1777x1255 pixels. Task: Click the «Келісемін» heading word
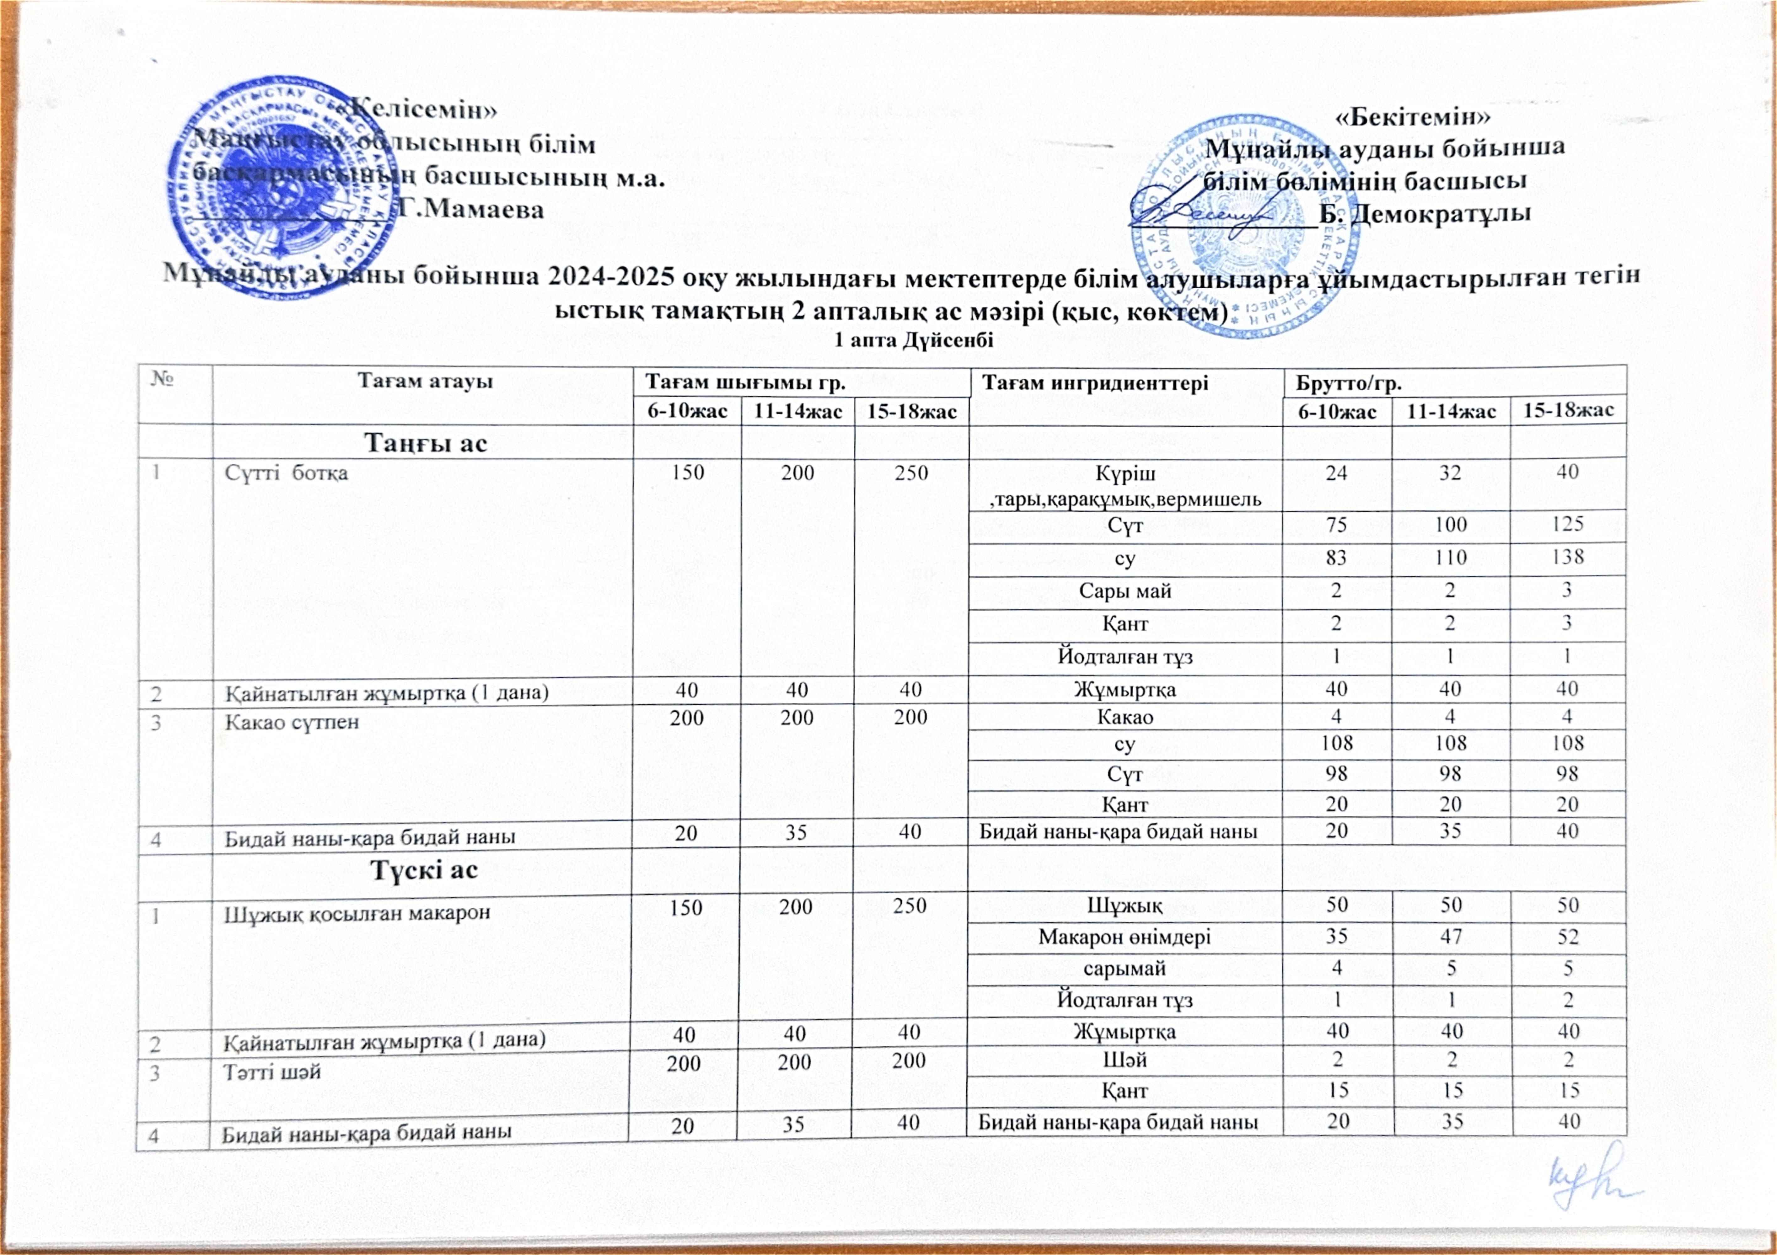point(424,108)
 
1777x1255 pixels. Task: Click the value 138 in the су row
point(1567,557)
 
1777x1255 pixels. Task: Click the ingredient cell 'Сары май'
point(1125,591)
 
